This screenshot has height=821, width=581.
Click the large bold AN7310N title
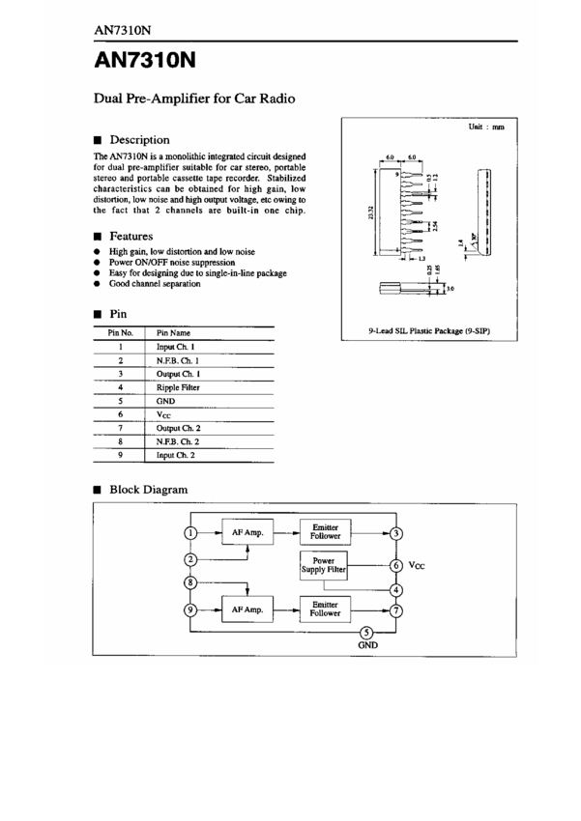(145, 61)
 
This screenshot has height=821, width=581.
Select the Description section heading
(139, 140)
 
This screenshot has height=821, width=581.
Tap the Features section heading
(131, 236)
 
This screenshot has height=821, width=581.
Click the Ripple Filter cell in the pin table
(178, 386)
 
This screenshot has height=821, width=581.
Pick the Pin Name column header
(173, 332)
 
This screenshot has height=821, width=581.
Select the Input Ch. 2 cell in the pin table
(175, 454)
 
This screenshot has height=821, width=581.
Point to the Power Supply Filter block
(324, 565)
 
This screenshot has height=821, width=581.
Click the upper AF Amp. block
(248, 532)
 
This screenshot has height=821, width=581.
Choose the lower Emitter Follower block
(325, 609)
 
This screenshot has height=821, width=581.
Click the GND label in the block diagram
(367, 644)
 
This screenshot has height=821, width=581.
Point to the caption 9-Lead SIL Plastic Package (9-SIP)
(430, 331)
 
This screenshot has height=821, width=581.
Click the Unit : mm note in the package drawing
(486, 127)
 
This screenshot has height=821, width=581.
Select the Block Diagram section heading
(148, 490)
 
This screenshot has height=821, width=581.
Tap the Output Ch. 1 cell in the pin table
(178, 373)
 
